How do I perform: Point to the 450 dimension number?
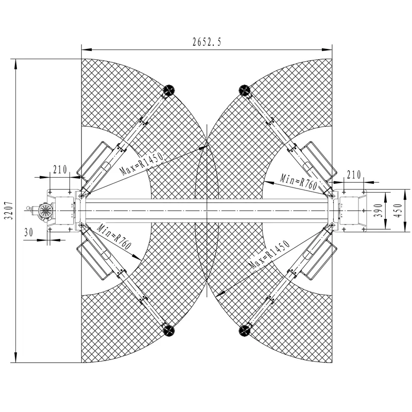point(397,211)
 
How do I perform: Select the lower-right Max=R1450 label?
point(267,258)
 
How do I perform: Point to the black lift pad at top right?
point(243,91)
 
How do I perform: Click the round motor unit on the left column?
point(44,211)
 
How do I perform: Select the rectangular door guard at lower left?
point(98,261)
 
